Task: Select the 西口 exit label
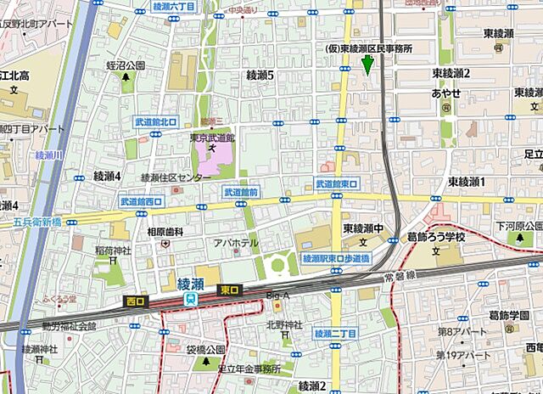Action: [136, 300]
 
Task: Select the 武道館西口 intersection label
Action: [142, 202]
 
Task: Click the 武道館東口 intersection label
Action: [337, 183]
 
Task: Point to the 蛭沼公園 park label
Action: [126, 65]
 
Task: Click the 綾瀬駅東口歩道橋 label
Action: [337, 257]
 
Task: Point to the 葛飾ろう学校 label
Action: [437, 238]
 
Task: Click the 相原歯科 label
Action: [165, 231]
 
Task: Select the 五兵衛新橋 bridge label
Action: [37, 222]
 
